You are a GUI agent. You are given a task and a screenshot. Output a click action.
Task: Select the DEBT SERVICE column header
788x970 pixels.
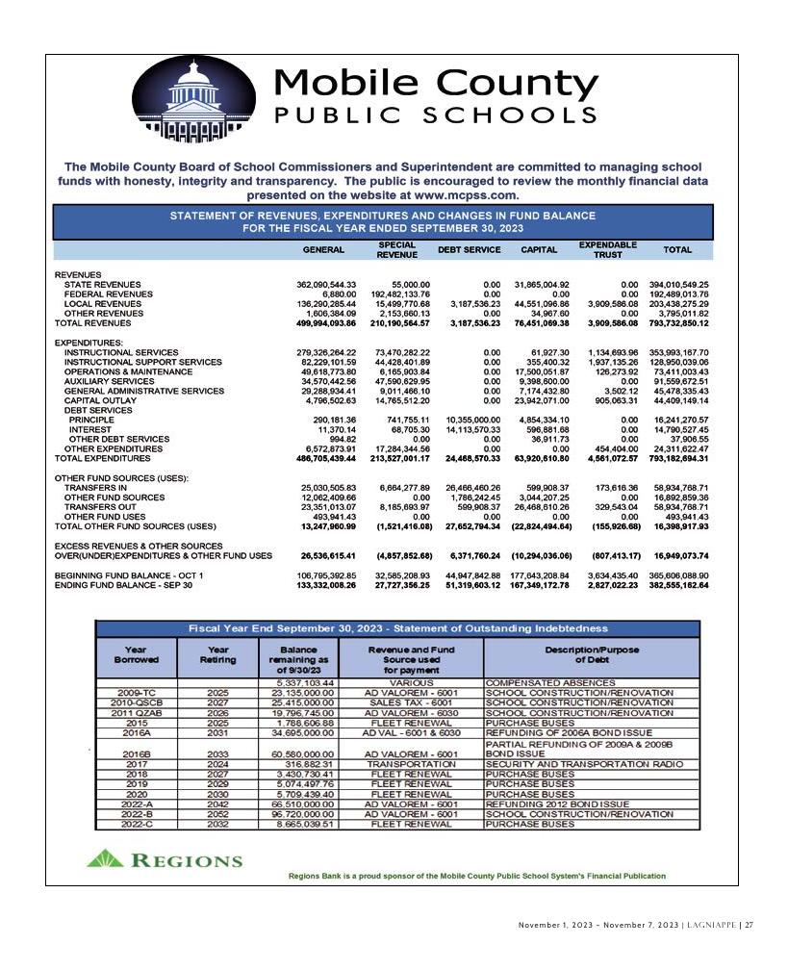[x=469, y=249]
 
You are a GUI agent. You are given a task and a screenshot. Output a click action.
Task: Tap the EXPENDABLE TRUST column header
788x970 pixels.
[x=607, y=249]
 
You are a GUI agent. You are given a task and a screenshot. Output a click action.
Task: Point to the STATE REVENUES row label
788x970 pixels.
[x=102, y=285]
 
